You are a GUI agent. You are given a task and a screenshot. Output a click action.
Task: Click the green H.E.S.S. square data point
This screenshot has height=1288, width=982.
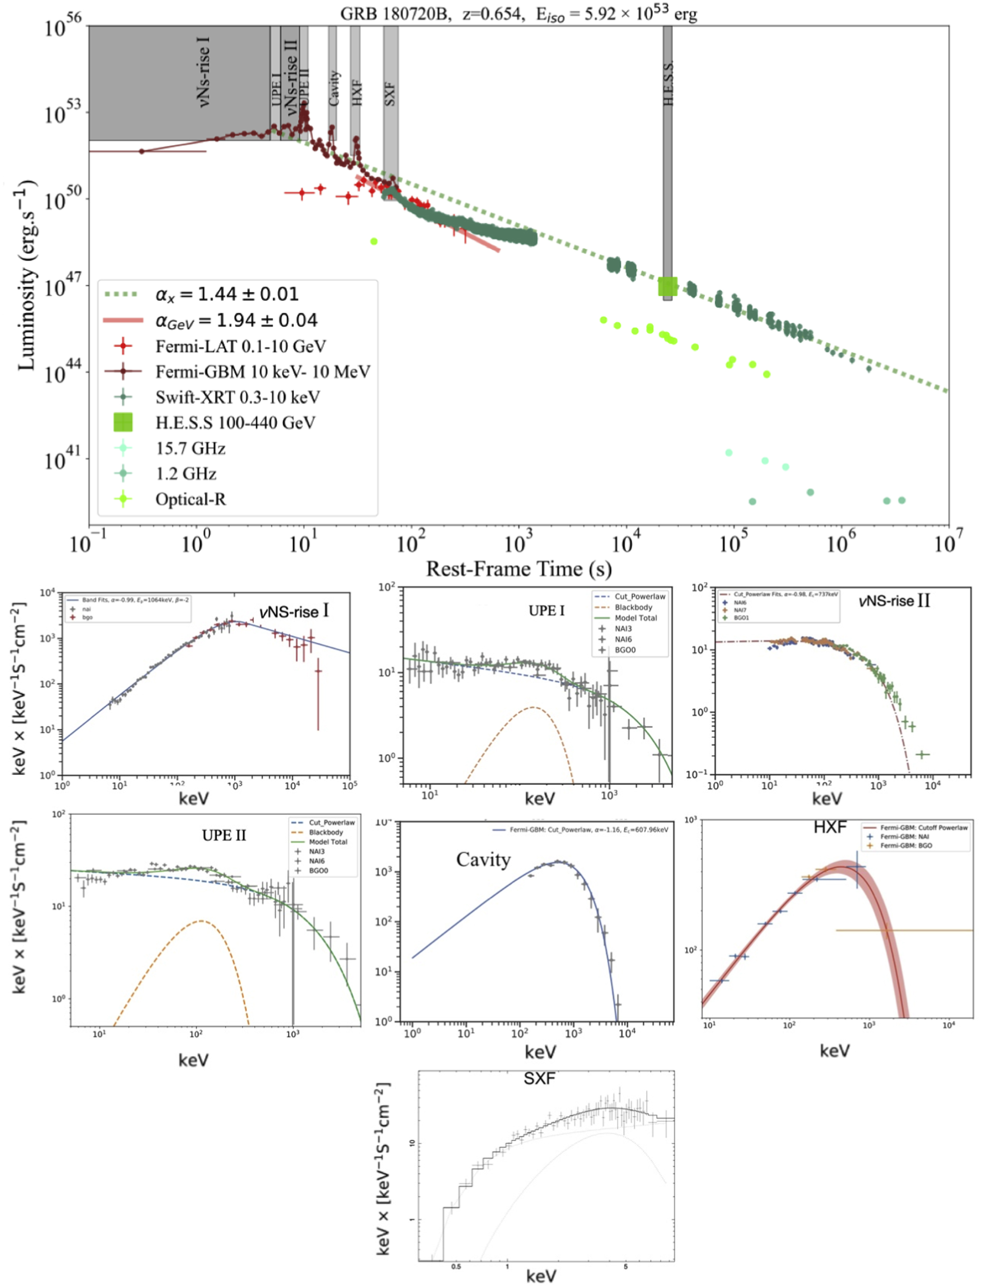click(668, 287)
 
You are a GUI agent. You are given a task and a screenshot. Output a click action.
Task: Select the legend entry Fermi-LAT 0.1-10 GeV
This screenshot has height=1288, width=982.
click(240, 346)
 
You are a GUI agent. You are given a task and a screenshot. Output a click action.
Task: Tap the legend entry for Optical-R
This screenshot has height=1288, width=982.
click(190, 499)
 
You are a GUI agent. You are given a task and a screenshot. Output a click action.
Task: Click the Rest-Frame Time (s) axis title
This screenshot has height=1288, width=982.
click(518, 569)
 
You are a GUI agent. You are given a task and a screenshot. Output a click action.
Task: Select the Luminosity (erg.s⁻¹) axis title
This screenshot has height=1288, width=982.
click(26, 275)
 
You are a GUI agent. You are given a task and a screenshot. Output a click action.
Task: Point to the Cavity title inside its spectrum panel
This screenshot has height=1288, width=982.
click(483, 859)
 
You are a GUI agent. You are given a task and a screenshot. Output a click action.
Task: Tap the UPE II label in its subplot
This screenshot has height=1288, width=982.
click(224, 835)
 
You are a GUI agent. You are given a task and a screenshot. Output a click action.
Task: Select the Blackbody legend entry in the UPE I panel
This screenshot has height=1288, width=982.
click(633, 607)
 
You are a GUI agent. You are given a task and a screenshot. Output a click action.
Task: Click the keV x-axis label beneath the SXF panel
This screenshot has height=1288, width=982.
click(541, 1276)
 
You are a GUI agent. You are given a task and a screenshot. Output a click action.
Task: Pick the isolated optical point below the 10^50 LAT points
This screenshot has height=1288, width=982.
click(374, 241)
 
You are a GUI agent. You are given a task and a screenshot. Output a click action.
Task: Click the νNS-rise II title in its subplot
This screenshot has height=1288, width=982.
click(894, 601)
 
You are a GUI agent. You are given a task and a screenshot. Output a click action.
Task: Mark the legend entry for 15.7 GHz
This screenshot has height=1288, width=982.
click(190, 448)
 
